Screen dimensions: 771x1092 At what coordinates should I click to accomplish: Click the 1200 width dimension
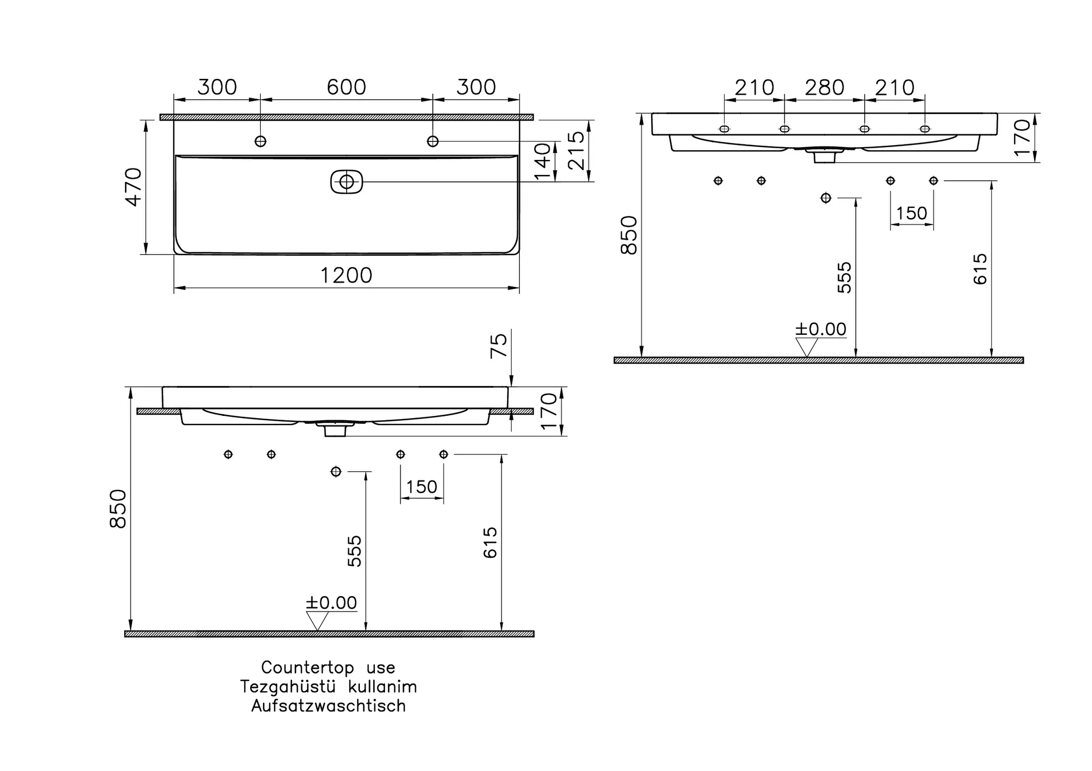click(x=346, y=276)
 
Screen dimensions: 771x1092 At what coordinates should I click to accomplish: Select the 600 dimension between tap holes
click(x=346, y=87)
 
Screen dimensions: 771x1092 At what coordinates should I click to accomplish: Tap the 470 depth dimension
click(x=133, y=187)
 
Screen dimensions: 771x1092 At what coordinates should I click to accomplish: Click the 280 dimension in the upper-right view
click(x=824, y=87)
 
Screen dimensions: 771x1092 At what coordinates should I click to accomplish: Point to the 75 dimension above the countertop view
click(x=499, y=346)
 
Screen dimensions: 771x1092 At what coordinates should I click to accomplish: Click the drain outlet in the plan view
click(x=347, y=182)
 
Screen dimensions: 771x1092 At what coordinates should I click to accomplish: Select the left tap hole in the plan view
click(x=260, y=141)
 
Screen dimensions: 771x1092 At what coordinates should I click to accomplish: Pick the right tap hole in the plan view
click(x=433, y=141)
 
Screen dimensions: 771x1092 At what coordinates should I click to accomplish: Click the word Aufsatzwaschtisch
click(x=328, y=706)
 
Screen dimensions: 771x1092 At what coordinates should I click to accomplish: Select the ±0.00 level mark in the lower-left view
click(x=331, y=603)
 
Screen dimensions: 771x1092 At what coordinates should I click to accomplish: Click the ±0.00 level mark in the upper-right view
click(x=821, y=330)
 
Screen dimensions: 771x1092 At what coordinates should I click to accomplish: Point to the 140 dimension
click(x=543, y=162)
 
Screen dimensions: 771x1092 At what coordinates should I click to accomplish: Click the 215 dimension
click(x=577, y=151)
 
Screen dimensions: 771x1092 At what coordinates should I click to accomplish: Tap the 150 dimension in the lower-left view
click(x=421, y=487)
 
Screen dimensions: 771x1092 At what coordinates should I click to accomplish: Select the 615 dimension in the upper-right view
click(x=980, y=269)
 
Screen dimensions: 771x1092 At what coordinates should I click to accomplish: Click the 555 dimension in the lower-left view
click(x=354, y=551)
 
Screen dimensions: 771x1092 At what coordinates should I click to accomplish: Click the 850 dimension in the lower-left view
click(x=118, y=509)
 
